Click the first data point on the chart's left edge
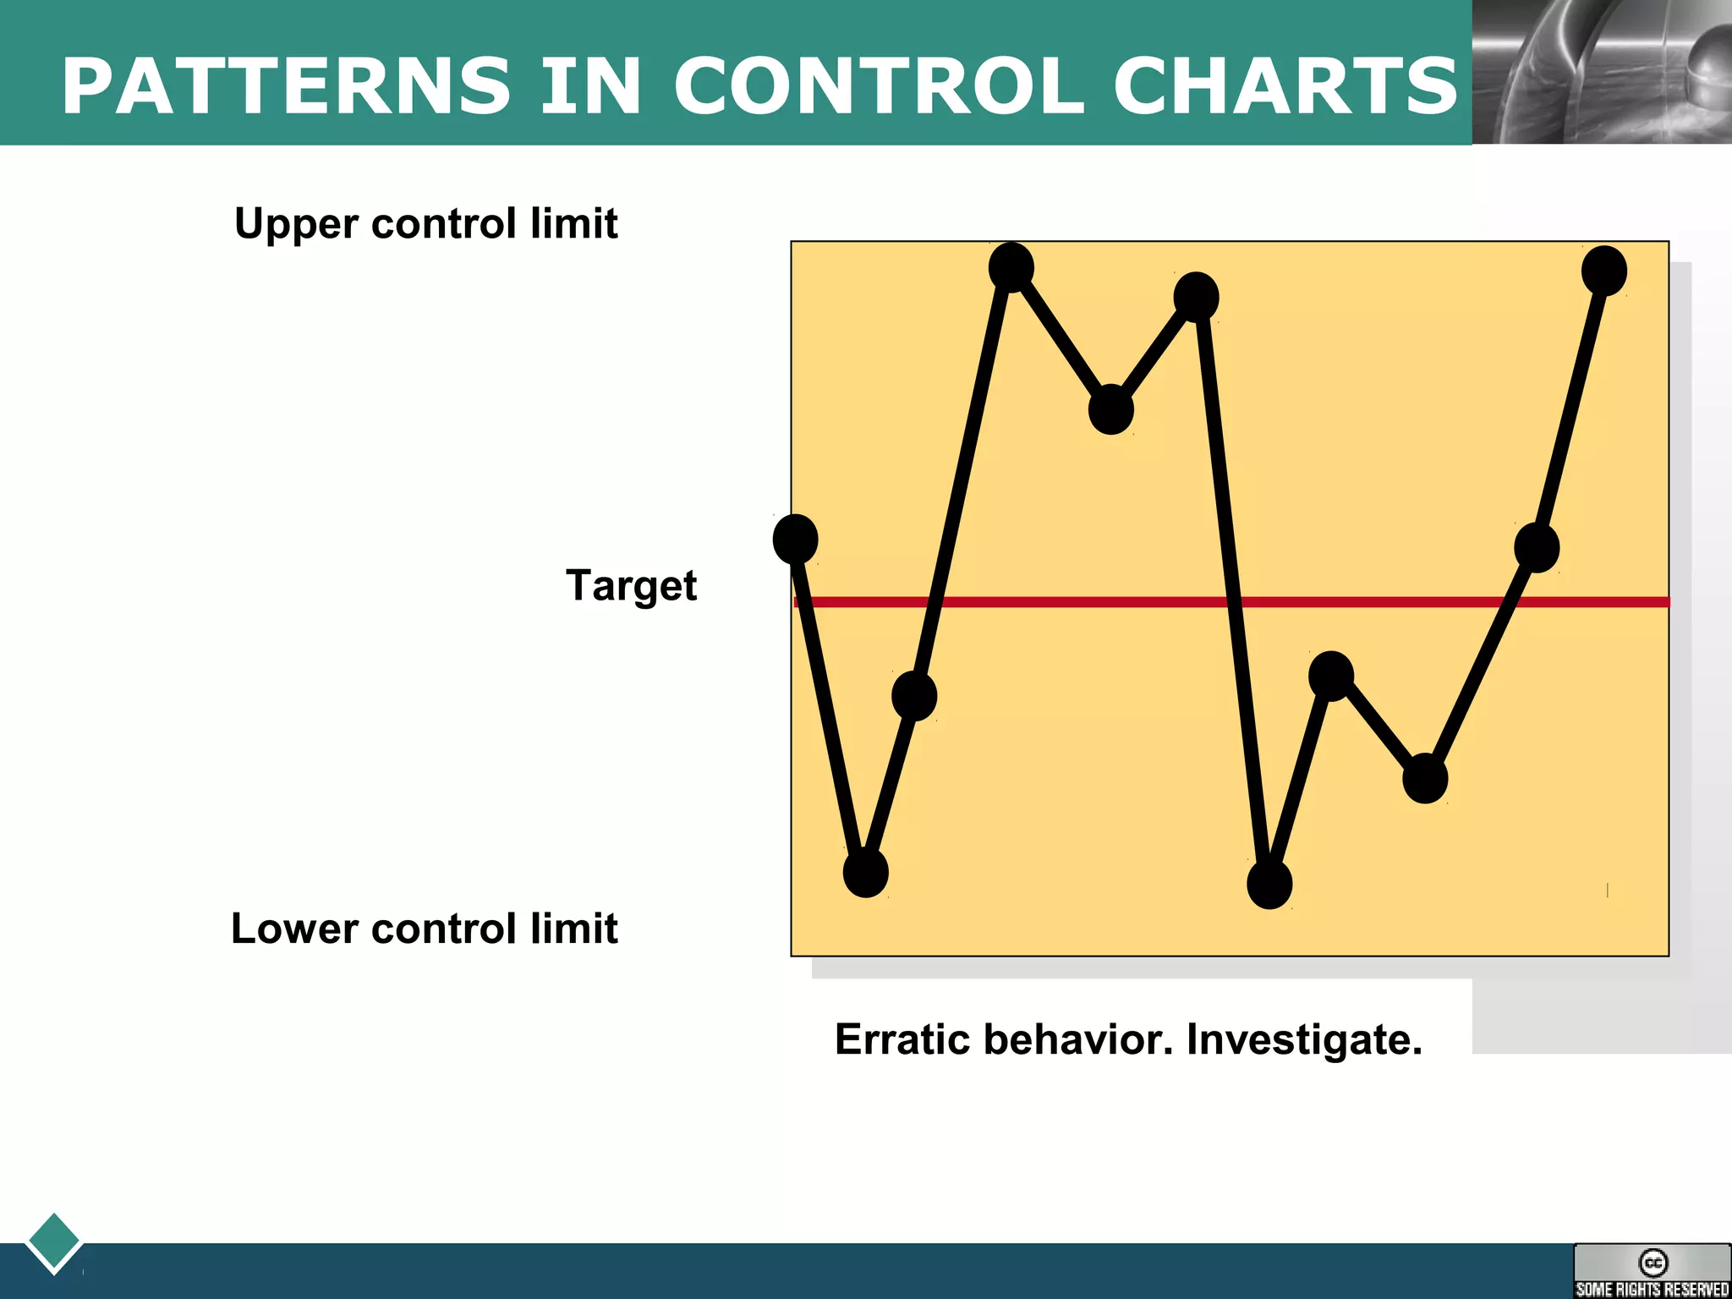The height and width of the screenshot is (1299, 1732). (795, 539)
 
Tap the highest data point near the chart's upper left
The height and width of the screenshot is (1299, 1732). (1011, 267)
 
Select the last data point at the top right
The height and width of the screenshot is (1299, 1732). (1603, 271)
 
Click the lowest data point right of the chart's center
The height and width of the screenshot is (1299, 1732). (1269, 884)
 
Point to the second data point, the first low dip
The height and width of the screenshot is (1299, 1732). (865, 872)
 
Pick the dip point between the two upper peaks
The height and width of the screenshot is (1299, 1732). (1110, 409)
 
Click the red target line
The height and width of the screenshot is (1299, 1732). (1099, 602)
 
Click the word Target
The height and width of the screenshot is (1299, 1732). (631, 585)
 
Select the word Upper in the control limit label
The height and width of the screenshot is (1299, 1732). (296, 225)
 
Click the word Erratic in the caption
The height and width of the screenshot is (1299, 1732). (902, 1039)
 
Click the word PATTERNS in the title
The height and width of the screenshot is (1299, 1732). (286, 86)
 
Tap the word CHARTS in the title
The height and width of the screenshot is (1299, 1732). (1285, 86)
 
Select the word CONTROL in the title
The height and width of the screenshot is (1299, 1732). (879, 86)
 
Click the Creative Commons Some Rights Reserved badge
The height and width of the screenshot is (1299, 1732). (1652, 1271)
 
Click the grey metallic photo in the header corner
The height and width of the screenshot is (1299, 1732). (1602, 72)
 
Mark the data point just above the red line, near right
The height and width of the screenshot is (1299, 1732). (1536, 547)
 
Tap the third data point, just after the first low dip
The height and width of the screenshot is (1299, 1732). (913, 696)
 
